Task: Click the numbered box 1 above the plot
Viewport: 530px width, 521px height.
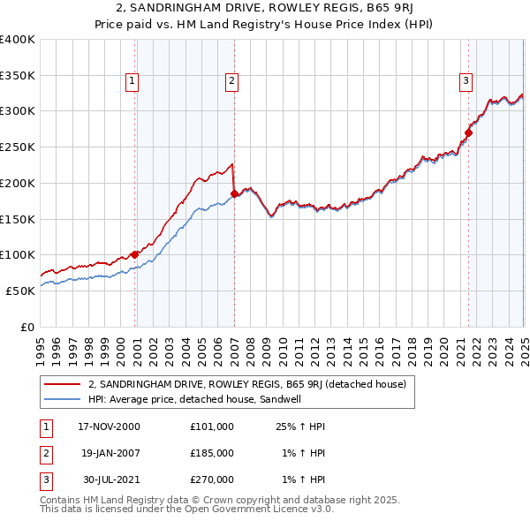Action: [132, 82]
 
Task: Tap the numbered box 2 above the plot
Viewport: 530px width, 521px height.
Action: [231, 82]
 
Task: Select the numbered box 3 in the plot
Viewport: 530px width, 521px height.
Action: [466, 82]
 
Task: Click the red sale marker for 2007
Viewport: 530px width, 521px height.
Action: [234, 193]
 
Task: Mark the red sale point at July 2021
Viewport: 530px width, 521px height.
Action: [468, 132]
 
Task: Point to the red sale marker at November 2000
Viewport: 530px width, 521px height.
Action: [135, 254]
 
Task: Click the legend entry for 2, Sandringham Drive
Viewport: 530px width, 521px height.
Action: [246, 384]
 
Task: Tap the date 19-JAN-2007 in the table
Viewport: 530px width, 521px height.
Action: [110, 452]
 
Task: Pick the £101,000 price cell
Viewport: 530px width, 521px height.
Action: [212, 426]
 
